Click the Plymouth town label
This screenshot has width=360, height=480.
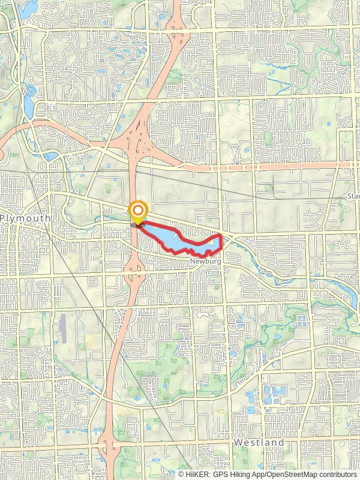pos(25,218)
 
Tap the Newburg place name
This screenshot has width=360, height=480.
pos(202,262)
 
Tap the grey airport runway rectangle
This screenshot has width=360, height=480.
pos(64,328)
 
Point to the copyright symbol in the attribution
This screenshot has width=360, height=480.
pos(181,474)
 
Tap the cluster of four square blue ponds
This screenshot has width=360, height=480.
pos(277,394)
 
